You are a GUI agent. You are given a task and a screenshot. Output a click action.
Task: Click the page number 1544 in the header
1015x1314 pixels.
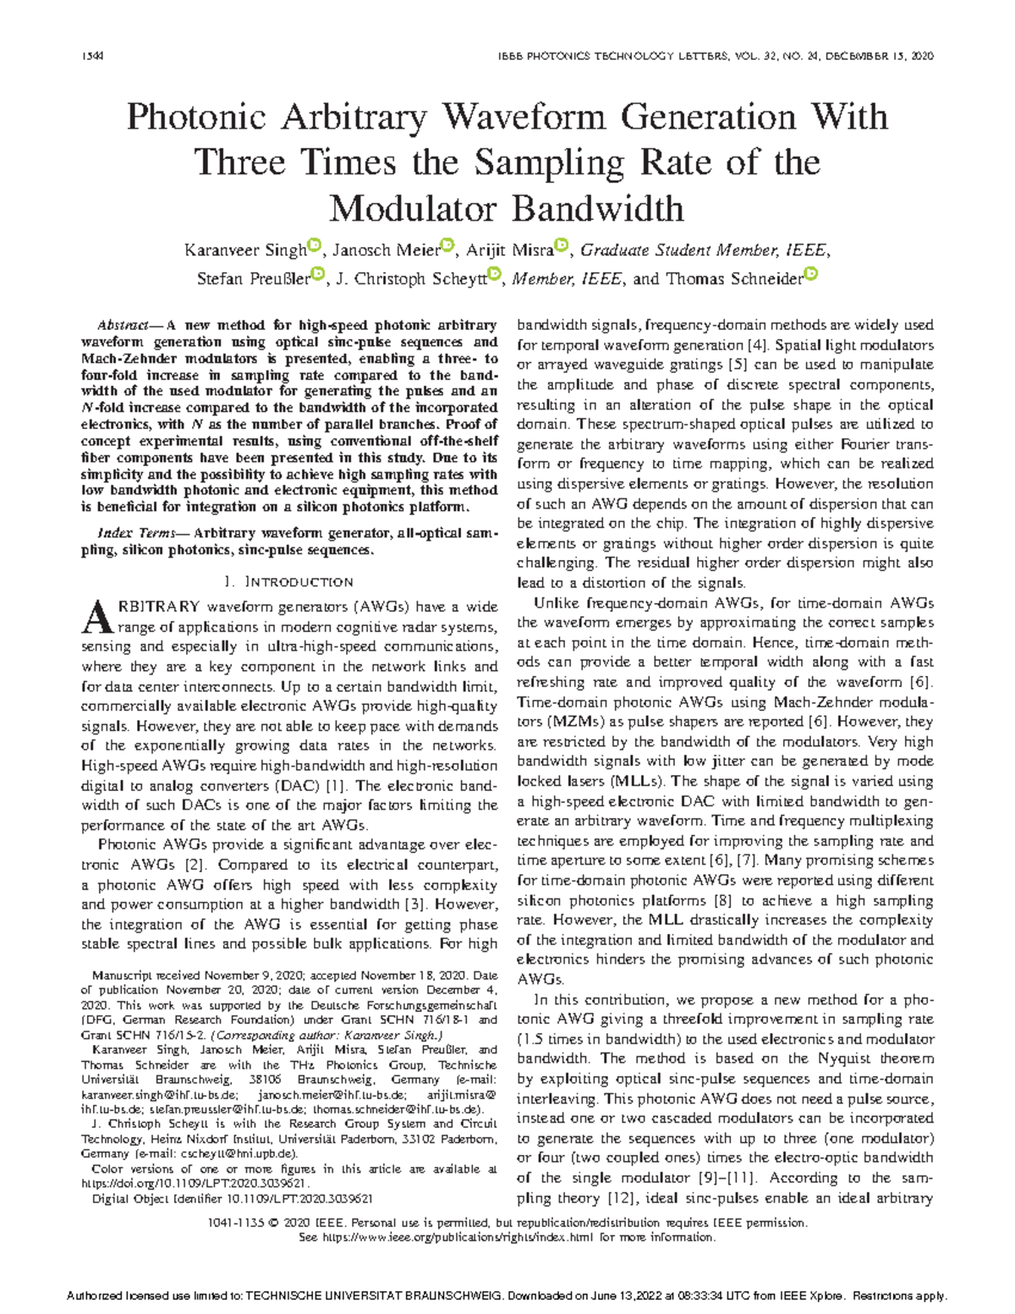click(91, 56)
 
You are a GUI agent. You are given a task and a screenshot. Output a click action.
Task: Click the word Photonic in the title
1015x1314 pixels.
click(199, 117)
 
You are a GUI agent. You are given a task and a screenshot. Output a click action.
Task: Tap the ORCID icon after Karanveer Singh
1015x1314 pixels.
click(314, 246)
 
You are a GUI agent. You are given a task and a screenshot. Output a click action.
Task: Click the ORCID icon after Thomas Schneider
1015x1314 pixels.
click(810, 274)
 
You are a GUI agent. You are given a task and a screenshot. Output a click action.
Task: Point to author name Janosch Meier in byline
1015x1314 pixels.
click(386, 250)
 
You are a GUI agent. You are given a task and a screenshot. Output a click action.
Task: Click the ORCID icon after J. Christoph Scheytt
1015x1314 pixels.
click(496, 274)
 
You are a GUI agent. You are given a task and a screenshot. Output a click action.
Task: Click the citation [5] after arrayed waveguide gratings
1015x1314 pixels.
click(737, 366)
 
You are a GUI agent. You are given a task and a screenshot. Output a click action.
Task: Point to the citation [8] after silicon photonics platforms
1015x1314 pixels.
click(723, 900)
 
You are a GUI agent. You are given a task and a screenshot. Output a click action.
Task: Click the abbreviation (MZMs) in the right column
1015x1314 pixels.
click(547, 722)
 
